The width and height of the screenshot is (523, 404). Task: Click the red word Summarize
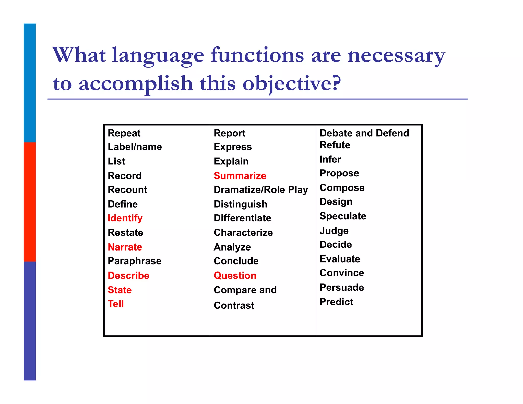pos(240,176)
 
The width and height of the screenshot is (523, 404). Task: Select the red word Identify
pos(125,218)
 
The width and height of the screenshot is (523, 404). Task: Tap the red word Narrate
pos(125,247)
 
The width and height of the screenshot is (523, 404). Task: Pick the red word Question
pos(235,275)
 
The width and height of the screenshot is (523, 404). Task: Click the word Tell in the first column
pos(116,304)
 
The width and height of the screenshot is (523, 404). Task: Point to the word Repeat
pos(124,133)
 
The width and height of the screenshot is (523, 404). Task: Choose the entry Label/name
pos(135,147)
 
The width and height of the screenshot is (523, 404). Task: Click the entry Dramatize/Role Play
pos(261,190)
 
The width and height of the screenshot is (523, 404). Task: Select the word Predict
pos(336,302)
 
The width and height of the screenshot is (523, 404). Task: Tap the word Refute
pos(335,145)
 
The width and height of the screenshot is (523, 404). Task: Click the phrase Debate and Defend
pos(364,133)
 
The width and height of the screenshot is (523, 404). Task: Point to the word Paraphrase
pos(135,261)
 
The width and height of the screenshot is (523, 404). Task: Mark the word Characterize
pos(243,233)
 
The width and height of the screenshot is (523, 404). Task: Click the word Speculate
pos(343,216)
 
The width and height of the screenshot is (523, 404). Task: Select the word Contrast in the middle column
pos(234,305)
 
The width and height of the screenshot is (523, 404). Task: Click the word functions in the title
pos(257,55)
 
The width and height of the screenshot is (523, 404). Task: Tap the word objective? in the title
pos(292,84)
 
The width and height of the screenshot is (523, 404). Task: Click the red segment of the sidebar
pos(30,202)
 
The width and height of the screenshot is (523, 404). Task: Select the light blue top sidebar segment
pos(30,83)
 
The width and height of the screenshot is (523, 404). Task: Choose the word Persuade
pos(342,287)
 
